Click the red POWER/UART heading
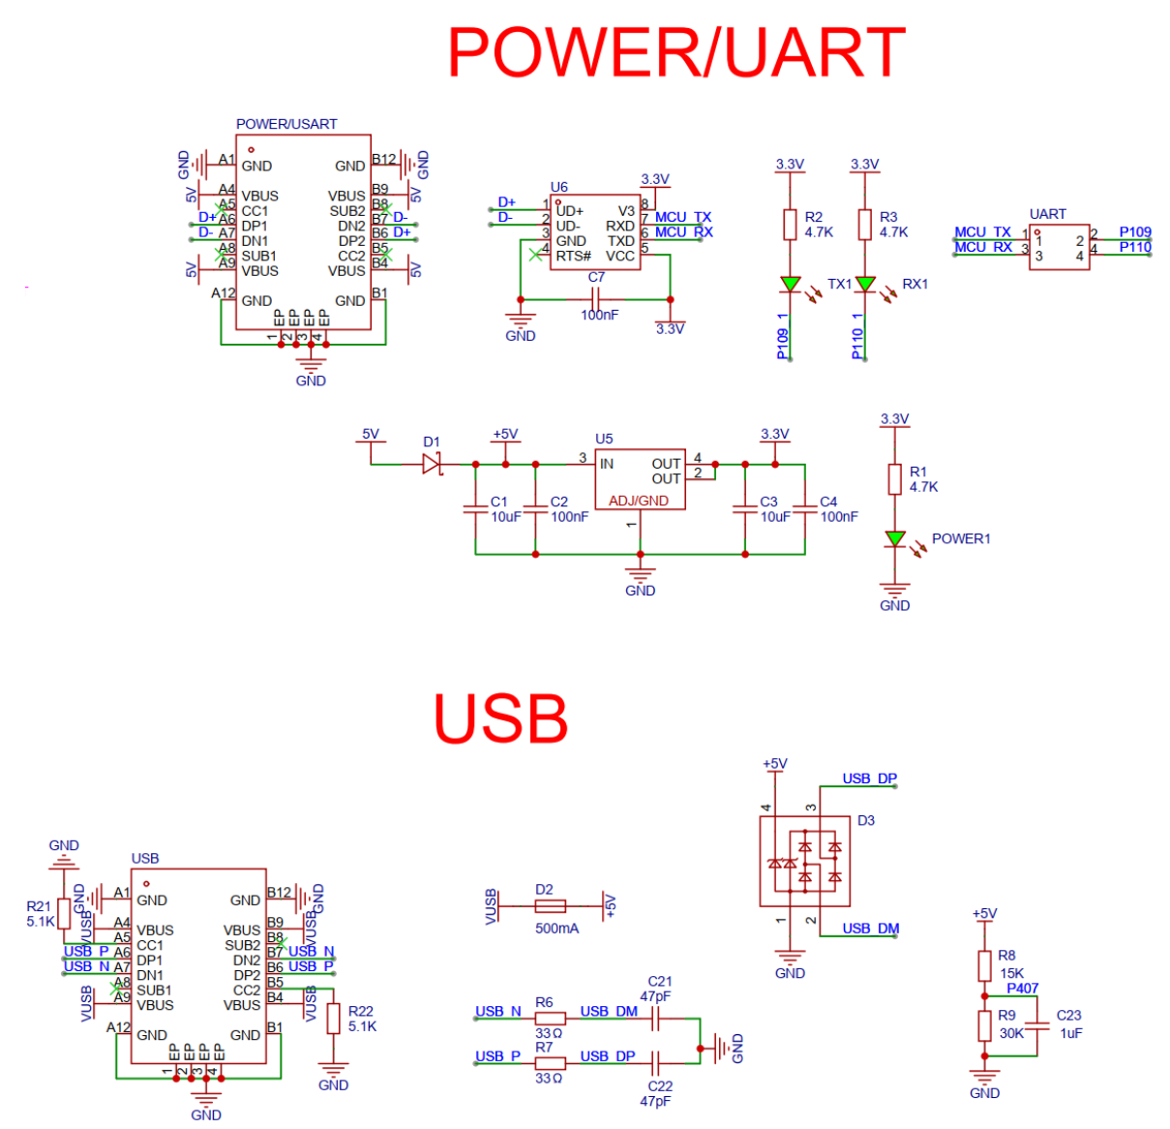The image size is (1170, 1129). (x=675, y=52)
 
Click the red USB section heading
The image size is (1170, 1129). (x=500, y=718)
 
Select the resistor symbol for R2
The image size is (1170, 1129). (x=790, y=225)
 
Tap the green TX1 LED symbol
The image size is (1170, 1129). (x=791, y=285)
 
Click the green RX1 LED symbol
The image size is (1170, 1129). (x=865, y=285)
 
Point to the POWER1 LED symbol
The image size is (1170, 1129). (x=895, y=538)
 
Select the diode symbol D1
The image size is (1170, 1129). (x=432, y=465)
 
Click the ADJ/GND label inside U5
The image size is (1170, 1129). (x=639, y=501)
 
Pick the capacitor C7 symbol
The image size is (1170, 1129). (x=596, y=299)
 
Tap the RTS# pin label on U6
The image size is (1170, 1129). (x=573, y=256)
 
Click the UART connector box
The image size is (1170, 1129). (x=1059, y=248)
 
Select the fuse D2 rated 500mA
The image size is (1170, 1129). (x=550, y=906)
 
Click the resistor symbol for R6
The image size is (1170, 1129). (x=550, y=1018)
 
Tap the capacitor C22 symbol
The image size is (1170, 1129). (x=655, y=1062)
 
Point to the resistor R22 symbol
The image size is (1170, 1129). (x=334, y=1019)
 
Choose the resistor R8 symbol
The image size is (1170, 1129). (x=984, y=965)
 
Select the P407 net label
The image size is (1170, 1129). (x=1022, y=989)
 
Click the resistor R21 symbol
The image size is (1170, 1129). (x=64, y=913)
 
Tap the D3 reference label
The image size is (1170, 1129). (x=865, y=820)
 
